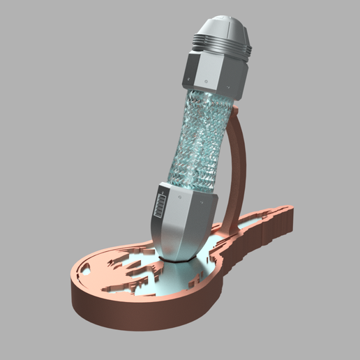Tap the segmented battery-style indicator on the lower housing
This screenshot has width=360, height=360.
[158, 208]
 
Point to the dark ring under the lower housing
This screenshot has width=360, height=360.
[178, 258]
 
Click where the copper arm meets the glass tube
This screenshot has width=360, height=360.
[232, 112]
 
